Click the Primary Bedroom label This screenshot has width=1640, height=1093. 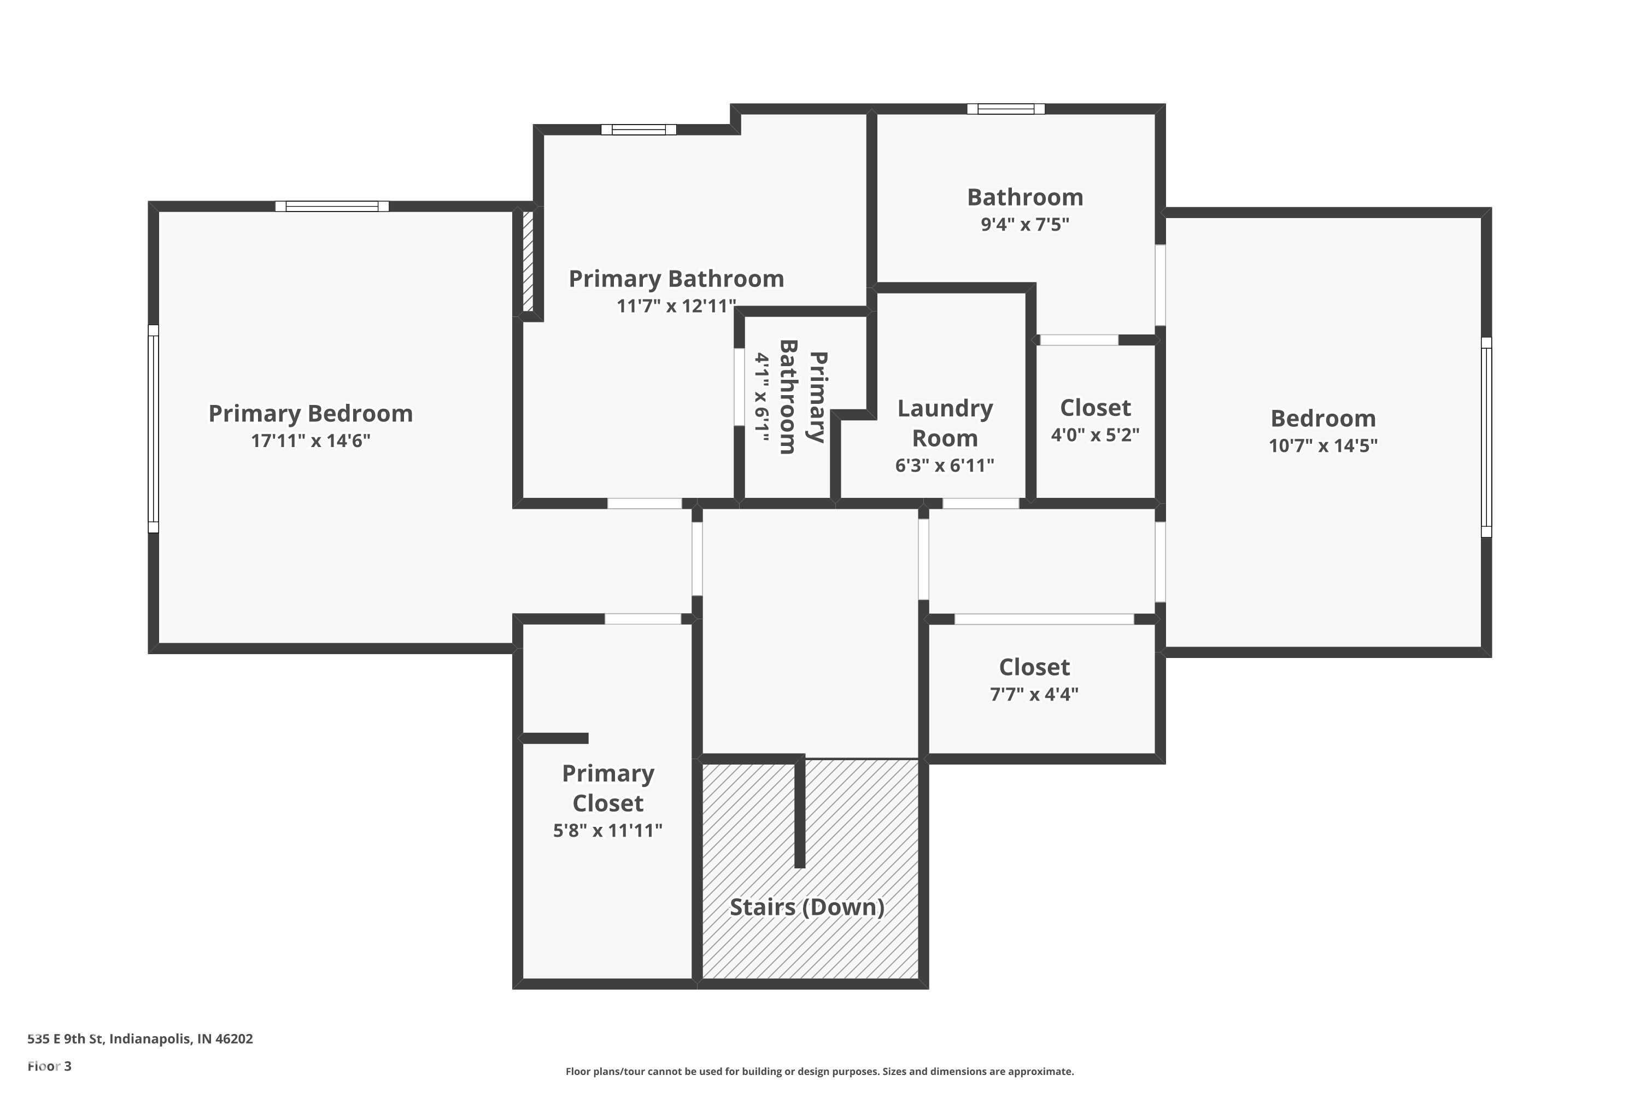311,413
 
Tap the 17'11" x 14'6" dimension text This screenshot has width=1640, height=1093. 311,440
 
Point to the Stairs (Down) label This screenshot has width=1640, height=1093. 807,907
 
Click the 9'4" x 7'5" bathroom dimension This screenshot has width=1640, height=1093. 1025,225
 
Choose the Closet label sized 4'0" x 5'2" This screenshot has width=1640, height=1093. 1096,408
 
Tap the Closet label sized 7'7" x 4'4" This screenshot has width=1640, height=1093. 1034,667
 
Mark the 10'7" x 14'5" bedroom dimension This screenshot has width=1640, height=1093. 1323,445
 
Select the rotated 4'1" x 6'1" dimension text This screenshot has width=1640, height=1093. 762,398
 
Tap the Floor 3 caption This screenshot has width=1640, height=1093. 50,1066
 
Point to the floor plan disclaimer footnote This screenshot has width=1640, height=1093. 819,1071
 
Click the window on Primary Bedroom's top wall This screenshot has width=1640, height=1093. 332,207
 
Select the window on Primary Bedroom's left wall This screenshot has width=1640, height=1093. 154,428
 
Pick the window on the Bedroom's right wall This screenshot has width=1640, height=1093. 1486,437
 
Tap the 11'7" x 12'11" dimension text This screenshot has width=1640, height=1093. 676,306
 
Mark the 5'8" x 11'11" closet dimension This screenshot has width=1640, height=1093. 608,830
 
